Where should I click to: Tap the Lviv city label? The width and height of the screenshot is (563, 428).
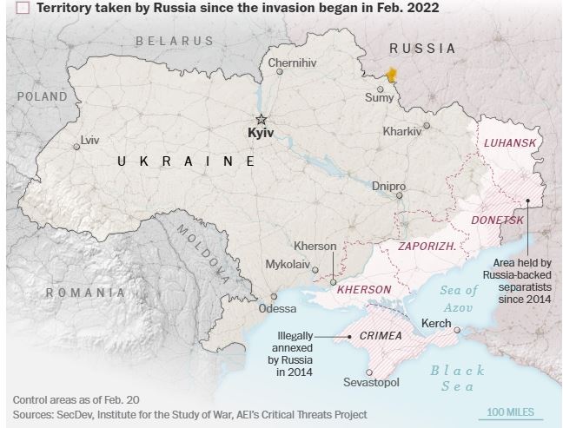click(x=89, y=139)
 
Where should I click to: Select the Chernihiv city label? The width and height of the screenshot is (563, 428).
click(x=293, y=63)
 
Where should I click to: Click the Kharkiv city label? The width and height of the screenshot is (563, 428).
click(x=401, y=131)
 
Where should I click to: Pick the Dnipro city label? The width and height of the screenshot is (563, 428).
click(x=388, y=186)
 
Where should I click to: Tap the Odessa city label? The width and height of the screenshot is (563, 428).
click(x=277, y=308)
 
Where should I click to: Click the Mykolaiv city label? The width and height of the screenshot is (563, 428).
click(x=288, y=264)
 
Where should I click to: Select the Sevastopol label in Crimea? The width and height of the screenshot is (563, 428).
click(x=371, y=382)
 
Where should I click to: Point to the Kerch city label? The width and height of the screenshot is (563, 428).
click(x=435, y=323)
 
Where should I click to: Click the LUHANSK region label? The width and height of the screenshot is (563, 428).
click(x=509, y=142)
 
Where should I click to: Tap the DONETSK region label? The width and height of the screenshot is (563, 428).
click(x=497, y=221)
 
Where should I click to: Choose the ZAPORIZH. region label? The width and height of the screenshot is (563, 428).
click(x=427, y=247)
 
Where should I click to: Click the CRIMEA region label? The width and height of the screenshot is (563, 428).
click(x=380, y=335)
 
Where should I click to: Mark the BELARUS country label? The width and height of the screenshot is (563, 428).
click(x=174, y=41)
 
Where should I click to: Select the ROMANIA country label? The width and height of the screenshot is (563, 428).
click(x=85, y=293)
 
